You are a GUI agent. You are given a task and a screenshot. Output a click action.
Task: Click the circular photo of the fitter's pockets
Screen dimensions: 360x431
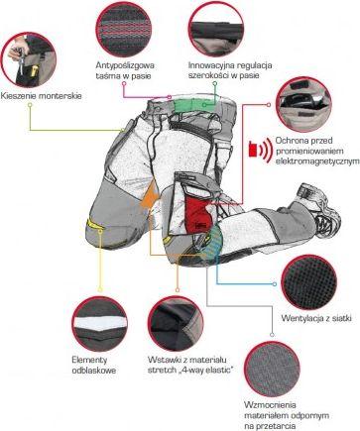(x=29, y=59)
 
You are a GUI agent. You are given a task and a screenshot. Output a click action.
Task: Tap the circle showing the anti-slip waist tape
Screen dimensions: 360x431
(x=124, y=29)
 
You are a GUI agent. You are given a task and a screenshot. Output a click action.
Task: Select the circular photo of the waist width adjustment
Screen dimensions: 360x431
(x=216, y=29)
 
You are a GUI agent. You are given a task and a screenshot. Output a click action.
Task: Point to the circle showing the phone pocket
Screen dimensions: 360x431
(x=303, y=104)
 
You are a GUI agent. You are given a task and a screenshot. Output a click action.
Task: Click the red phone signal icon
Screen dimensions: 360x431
(x=259, y=151)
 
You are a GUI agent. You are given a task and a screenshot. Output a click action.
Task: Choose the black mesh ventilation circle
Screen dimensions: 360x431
(x=309, y=282)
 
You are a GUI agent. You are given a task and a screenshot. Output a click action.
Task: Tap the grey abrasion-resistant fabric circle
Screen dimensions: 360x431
(x=272, y=370)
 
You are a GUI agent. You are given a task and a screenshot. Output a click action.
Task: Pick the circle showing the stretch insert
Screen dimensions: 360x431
(x=176, y=324)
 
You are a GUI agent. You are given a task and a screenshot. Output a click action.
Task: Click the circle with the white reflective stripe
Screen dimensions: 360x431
(x=100, y=324)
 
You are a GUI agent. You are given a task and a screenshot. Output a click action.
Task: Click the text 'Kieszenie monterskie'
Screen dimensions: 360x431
(x=41, y=96)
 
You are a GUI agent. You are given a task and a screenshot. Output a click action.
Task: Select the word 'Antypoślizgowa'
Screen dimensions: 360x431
(x=125, y=65)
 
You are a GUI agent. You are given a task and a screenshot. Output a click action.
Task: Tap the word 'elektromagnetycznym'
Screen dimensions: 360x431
(x=317, y=162)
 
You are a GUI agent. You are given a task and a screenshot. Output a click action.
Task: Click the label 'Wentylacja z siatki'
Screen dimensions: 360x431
(x=316, y=318)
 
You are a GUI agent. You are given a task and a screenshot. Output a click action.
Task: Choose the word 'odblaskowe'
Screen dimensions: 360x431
(x=94, y=371)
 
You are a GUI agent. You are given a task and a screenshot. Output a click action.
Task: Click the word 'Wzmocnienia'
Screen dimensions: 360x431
(x=270, y=405)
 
